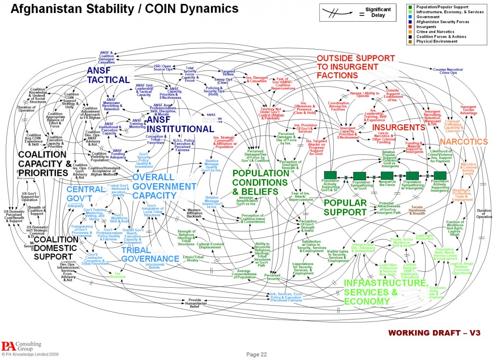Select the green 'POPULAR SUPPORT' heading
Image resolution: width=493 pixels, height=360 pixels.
(x=346, y=207)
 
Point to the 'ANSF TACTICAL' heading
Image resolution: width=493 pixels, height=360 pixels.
(x=108, y=75)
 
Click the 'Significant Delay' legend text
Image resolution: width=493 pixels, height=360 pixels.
(x=378, y=12)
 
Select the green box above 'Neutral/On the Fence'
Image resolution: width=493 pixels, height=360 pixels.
(x=388, y=176)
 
